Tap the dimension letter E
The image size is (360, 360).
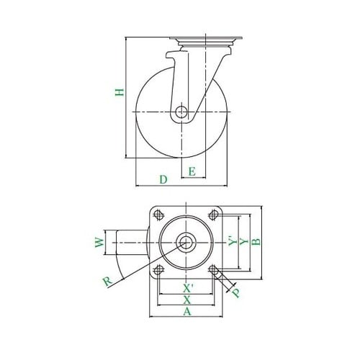[192, 171]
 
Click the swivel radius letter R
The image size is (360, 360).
[108, 282]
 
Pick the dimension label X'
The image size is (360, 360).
[187, 286]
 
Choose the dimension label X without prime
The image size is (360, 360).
[187, 299]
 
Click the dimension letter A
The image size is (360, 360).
[187, 312]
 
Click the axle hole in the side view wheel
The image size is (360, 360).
[182, 112]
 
